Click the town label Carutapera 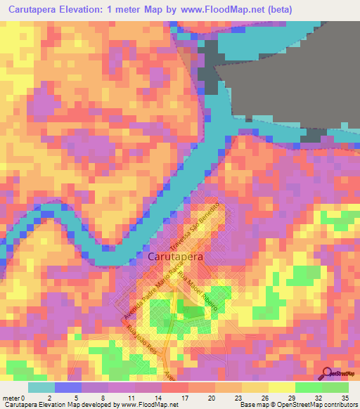(176, 257)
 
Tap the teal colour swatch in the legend (41, 387)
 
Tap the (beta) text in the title (292, 9)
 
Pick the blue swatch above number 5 (67, 387)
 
